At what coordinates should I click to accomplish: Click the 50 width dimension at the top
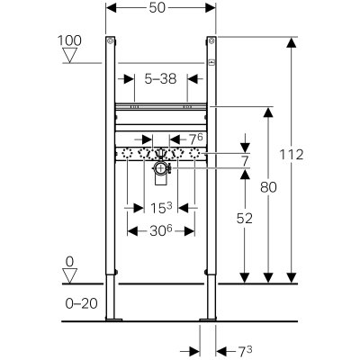tap(157, 8)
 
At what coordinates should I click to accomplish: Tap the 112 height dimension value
tap(292, 155)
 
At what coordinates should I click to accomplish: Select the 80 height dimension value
tap(268, 188)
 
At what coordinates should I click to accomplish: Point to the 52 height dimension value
tap(245, 219)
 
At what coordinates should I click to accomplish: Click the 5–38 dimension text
tap(160, 79)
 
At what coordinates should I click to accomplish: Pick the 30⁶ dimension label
tap(161, 231)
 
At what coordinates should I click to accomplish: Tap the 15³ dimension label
tap(161, 208)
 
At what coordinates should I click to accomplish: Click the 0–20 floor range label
tap(82, 303)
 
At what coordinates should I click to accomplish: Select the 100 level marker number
tap(69, 40)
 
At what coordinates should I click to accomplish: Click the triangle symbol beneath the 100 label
tap(69, 55)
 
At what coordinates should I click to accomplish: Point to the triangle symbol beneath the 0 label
tap(69, 275)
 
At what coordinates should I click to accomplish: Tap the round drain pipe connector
tap(161, 168)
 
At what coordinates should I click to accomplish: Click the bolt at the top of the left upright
tap(111, 40)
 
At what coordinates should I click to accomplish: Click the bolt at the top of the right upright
tap(211, 40)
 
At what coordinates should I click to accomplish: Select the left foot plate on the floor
tap(114, 319)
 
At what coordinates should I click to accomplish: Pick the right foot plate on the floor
tap(208, 319)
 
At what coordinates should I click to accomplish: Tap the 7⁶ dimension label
tap(196, 139)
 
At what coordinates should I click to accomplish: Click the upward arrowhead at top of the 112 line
tap(292, 42)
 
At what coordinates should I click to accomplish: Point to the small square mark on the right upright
tap(212, 62)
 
